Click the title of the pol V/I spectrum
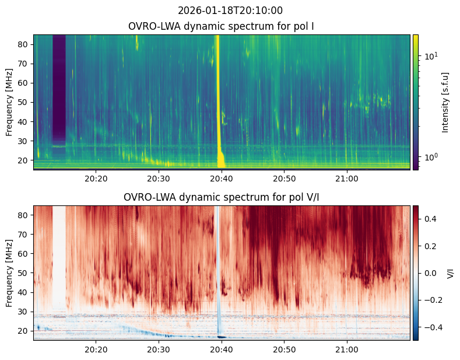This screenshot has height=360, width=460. [x=222, y=197]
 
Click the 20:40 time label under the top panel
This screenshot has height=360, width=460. [x=221, y=178]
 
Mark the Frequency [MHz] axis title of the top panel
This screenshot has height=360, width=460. [x=9, y=102]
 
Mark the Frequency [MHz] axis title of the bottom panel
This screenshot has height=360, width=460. [x=9, y=273]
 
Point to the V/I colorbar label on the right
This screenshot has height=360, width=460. [x=450, y=273]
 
